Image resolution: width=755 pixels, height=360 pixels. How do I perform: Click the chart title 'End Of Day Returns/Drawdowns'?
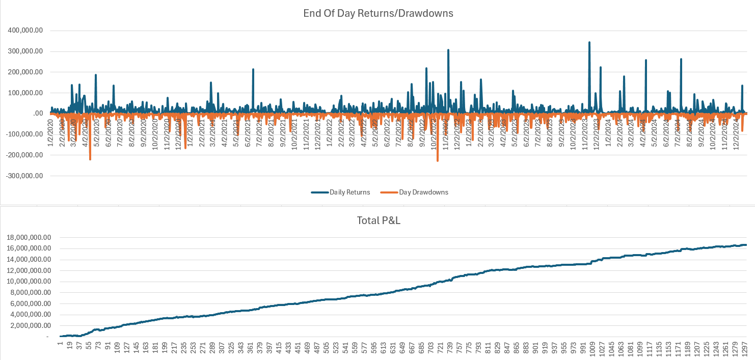coord(377,13)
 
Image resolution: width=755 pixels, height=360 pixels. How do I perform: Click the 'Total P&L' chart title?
coord(377,221)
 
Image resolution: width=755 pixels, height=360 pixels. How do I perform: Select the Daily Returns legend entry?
coord(340,192)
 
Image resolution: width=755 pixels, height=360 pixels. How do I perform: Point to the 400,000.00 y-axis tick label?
coord(25,31)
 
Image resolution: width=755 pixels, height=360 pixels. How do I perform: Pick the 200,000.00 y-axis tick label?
coord(25,72)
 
